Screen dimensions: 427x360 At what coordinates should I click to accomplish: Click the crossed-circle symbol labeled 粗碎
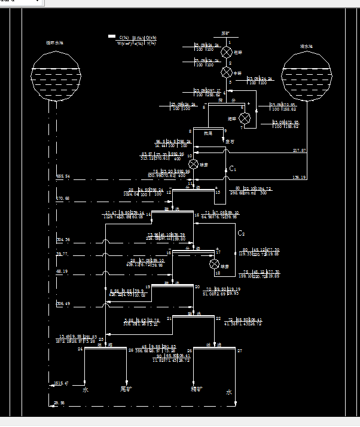[227, 52]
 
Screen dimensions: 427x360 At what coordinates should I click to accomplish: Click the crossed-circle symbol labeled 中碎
[227, 72]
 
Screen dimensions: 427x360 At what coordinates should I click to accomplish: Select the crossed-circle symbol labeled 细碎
[244, 117]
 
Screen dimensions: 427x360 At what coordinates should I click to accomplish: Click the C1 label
[233, 169]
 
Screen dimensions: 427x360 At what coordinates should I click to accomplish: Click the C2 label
[242, 233]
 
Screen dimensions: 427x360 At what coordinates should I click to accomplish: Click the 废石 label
[230, 142]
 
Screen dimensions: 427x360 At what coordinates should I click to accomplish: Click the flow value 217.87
[299, 150]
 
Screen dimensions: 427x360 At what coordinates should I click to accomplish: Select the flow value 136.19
[299, 178]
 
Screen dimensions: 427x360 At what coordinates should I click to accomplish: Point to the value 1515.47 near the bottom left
[62, 383]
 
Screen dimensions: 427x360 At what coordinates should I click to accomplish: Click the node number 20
[197, 286]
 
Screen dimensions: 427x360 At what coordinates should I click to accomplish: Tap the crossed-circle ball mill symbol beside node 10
[193, 164]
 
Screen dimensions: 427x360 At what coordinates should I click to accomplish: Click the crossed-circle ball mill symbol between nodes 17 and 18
[214, 264]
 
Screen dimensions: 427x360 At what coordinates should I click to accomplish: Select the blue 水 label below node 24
[86, 390]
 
